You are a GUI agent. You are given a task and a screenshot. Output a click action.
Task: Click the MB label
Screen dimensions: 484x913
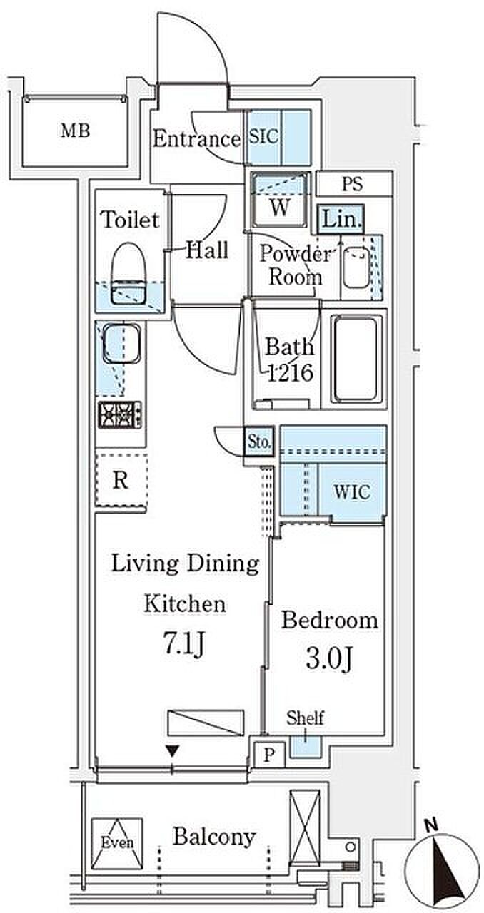coord(75,131)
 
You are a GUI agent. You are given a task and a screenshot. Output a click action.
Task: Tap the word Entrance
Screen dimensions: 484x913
coord(196,139)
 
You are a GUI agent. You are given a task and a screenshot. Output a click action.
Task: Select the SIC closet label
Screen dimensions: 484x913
coord(263,136)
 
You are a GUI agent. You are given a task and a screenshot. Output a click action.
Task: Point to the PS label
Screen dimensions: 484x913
coord(352,184)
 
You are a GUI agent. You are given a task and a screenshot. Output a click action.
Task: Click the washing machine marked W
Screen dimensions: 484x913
coord(280,200)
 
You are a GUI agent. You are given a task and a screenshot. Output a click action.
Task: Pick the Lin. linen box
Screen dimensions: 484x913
coord(341,219)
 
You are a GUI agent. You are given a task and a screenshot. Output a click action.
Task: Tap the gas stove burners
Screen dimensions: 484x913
coord(120,415)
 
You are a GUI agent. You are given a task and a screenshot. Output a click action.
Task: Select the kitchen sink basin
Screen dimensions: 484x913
coord(121,343)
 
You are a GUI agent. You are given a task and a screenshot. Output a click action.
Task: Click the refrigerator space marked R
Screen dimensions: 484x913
coord(121,481)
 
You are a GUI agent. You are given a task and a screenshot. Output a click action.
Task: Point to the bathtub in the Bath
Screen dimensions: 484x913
coord(355,359)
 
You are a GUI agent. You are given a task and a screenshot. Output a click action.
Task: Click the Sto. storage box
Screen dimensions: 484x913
coord(259,442)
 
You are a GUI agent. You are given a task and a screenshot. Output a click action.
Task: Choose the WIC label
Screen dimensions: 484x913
coord(352,492)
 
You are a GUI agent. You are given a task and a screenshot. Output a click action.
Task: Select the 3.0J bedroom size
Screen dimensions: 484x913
coord(328,659)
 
